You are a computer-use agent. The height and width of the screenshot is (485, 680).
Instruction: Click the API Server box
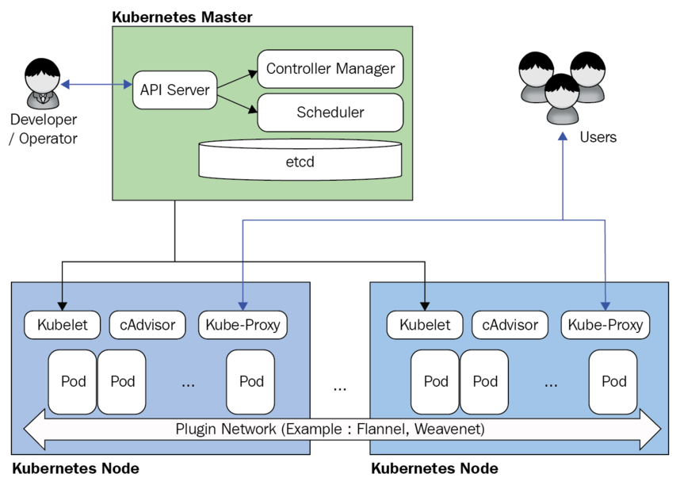tap(174, 90)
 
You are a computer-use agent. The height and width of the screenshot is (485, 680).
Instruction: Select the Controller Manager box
tap(330, 69)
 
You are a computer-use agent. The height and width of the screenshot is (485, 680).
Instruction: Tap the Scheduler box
tap(330, 113)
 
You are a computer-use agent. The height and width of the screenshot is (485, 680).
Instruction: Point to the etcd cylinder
tap(300, 162)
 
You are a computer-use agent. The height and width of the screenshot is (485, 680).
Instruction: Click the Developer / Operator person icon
tap(42, 83)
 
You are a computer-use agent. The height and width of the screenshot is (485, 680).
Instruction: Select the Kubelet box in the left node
tap(62, 324)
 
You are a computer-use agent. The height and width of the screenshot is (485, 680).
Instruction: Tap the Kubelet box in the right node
tap(424, 324)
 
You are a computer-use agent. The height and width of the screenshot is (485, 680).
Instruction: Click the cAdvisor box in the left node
tap(147, 324)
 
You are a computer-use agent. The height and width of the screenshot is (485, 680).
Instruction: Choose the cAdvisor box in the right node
tap(510, 324)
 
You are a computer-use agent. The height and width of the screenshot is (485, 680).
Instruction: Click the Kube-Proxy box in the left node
tap(242, 324)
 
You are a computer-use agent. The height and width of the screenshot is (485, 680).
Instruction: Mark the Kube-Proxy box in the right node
tap(606, 324)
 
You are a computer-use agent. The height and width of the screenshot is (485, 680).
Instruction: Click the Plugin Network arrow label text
tap(329, 430)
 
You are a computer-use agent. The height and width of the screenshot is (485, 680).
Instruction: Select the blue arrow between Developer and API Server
tap(95, 83)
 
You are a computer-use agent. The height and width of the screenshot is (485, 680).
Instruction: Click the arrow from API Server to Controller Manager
tap(238, 79)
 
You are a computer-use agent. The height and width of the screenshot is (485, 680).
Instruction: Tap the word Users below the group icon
tap(598, 138)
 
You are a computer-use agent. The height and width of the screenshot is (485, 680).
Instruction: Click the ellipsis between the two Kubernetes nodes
tap(340, 388)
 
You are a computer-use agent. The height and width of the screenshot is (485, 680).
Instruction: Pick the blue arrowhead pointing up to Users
tap(562, 136)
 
